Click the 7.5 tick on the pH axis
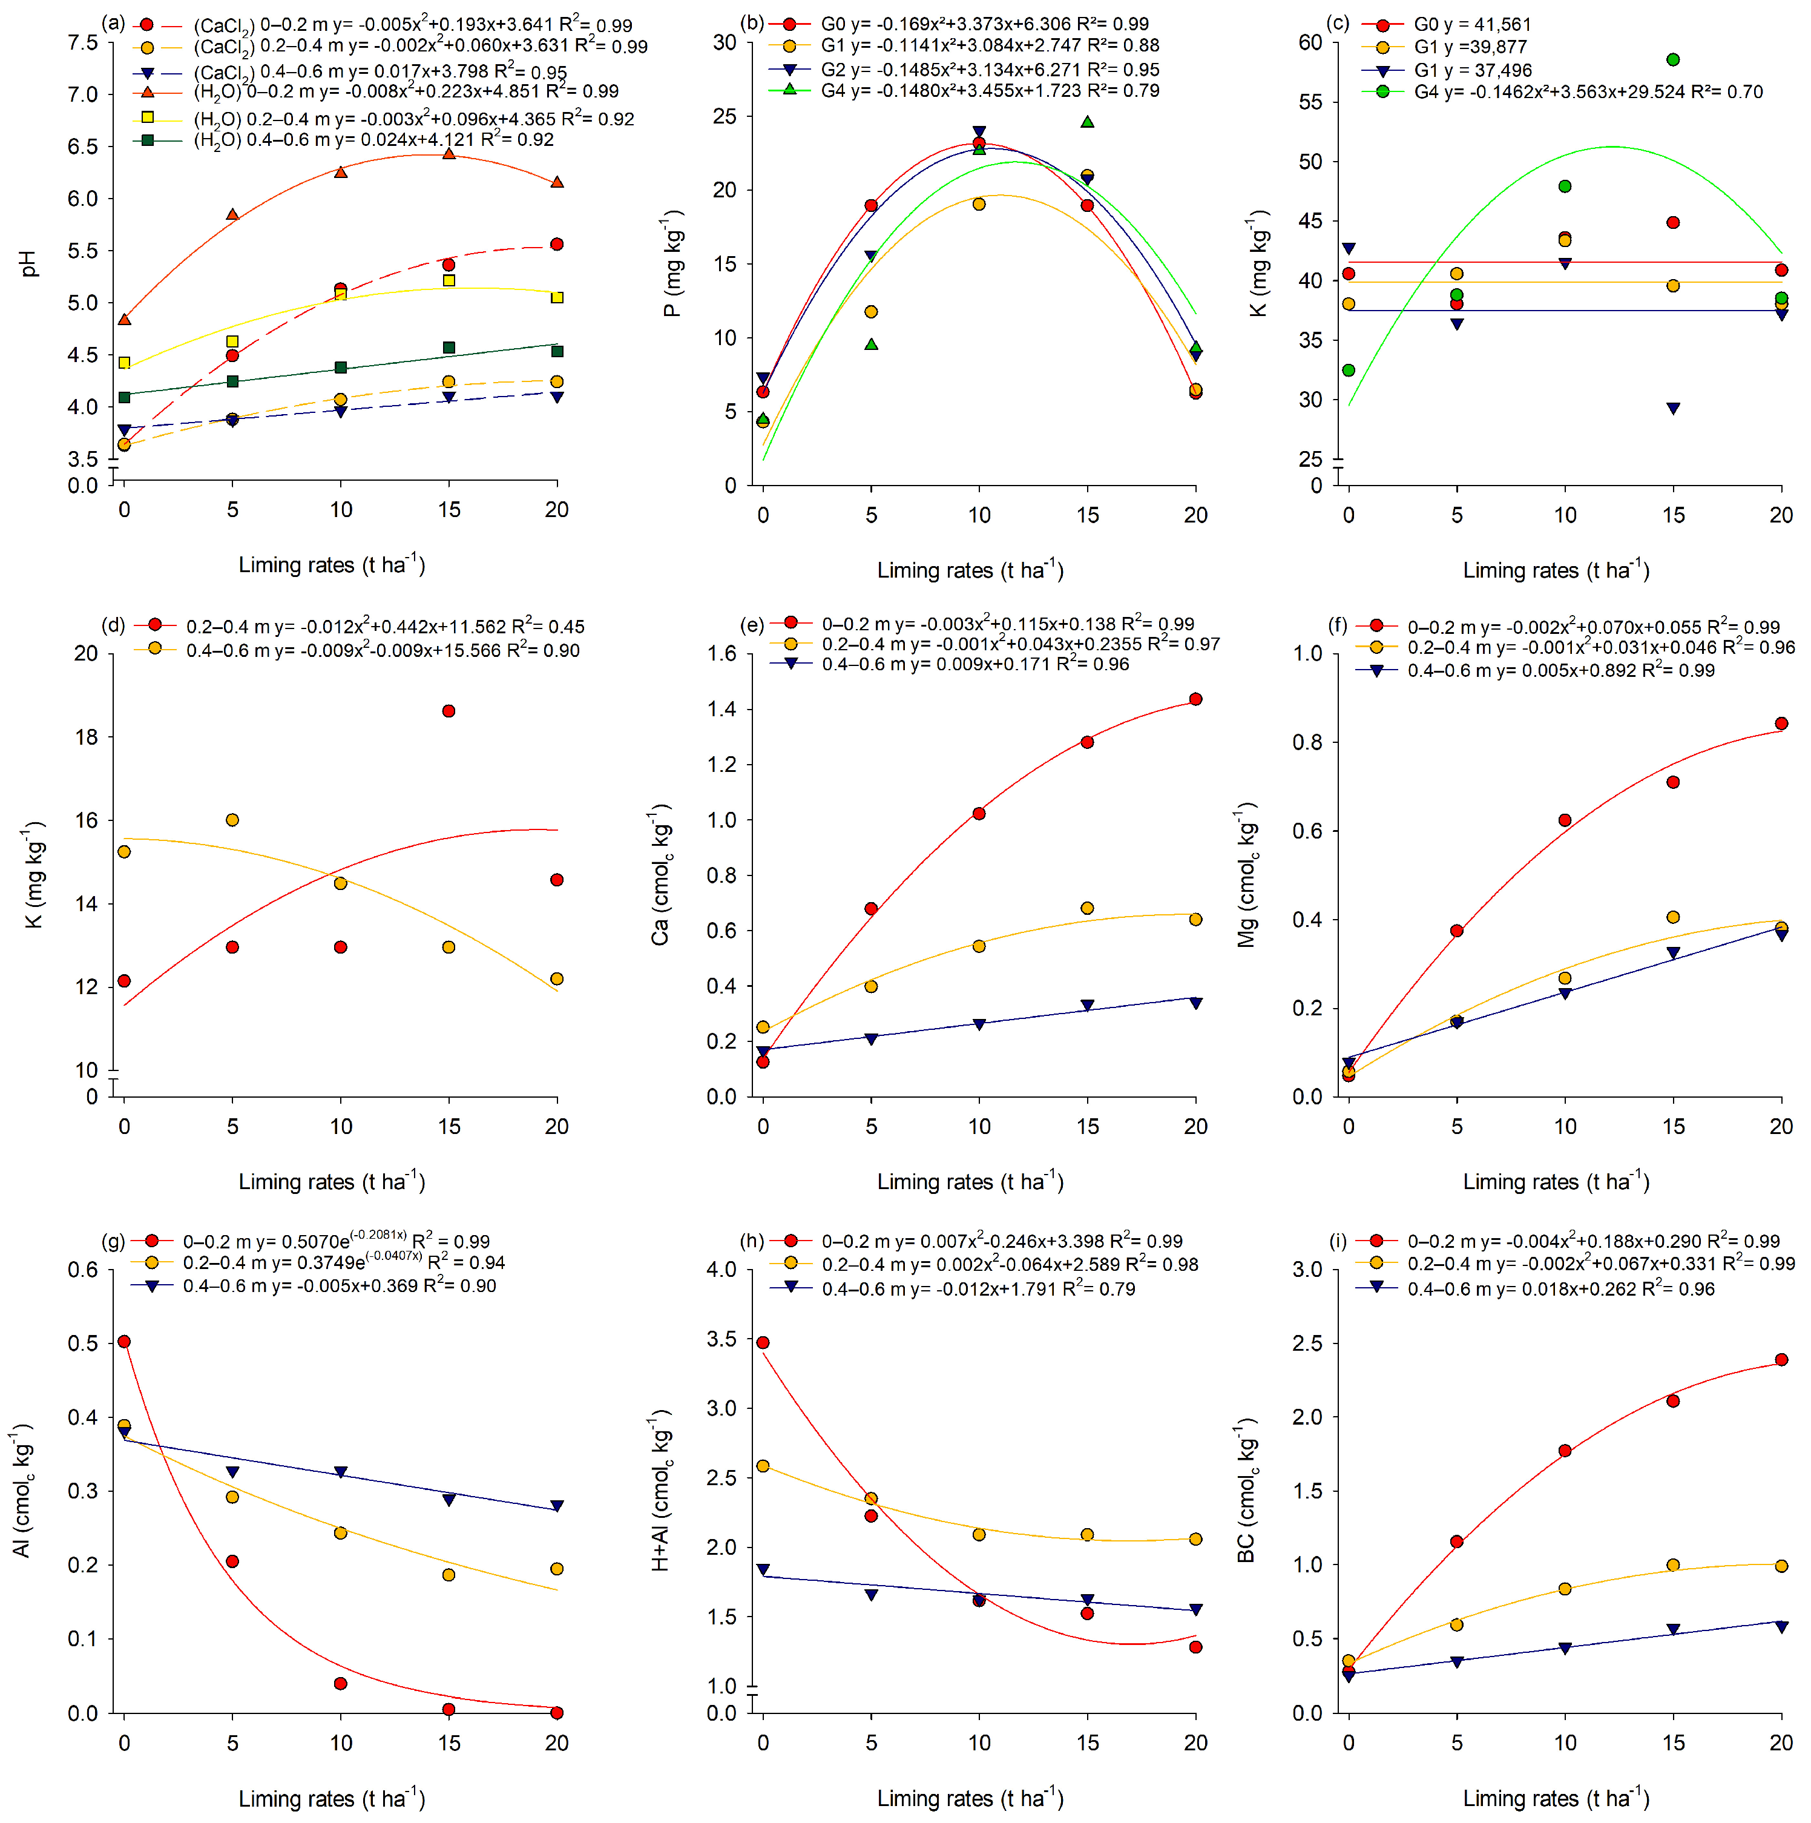tap(83, 42)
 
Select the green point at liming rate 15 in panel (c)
tap(1672, 59)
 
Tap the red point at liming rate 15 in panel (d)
tap(449, 711)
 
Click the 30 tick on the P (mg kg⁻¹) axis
tap(725, 42)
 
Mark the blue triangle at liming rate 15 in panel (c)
tap(1672, 409)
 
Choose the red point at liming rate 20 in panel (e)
tap(1195, 699)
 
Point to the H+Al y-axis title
tap(661, 1490)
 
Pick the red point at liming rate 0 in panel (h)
tap(763, 1342)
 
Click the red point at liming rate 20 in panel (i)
tap(1781, 1360)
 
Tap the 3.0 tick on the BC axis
tap(1307, 1269)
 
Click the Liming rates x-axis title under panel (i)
tap(1556, 1798)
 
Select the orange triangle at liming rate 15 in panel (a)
tap(449, 153)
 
